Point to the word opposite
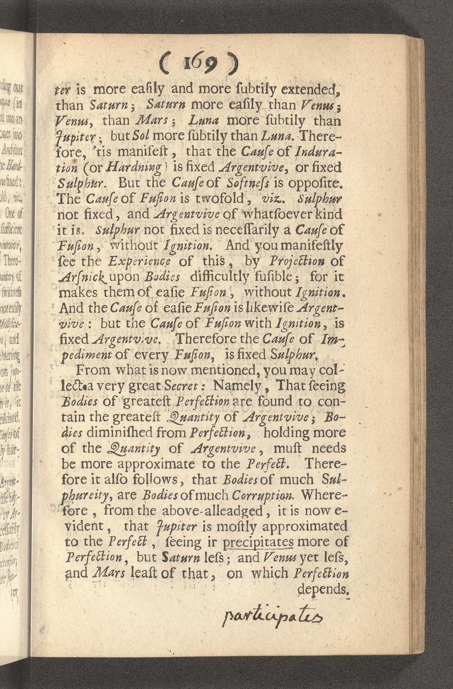(313, 183)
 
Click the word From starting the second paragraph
(89, 371)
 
